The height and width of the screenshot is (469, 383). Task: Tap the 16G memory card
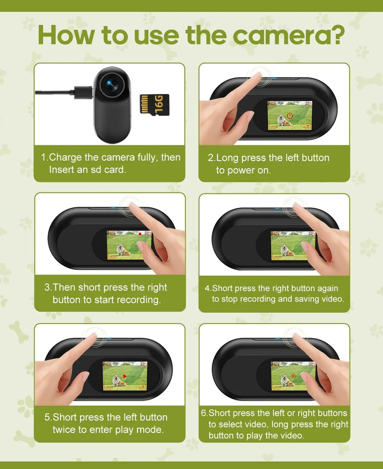pyautogui.click(x=154, y=105)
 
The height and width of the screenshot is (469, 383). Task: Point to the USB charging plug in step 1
pyautogui.click(x=84, y=93)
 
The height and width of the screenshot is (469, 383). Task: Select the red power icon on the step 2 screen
pyautogui.click(x=290, y=116)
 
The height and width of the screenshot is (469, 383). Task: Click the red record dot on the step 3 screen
pyautogui.click(x=140, y=233)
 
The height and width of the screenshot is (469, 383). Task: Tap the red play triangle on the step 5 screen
pyautogui.click(x=124, y=377)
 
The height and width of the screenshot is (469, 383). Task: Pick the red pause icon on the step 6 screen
pyautogui.click(x=293, y=376)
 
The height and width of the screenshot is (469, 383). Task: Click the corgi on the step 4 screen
pyautogui.click(x=285, y=251)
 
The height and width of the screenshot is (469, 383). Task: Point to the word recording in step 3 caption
pyautogui.click(x=139, y=300)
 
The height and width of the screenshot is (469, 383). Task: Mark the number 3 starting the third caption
pyautogui.click(x=47, y=287)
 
